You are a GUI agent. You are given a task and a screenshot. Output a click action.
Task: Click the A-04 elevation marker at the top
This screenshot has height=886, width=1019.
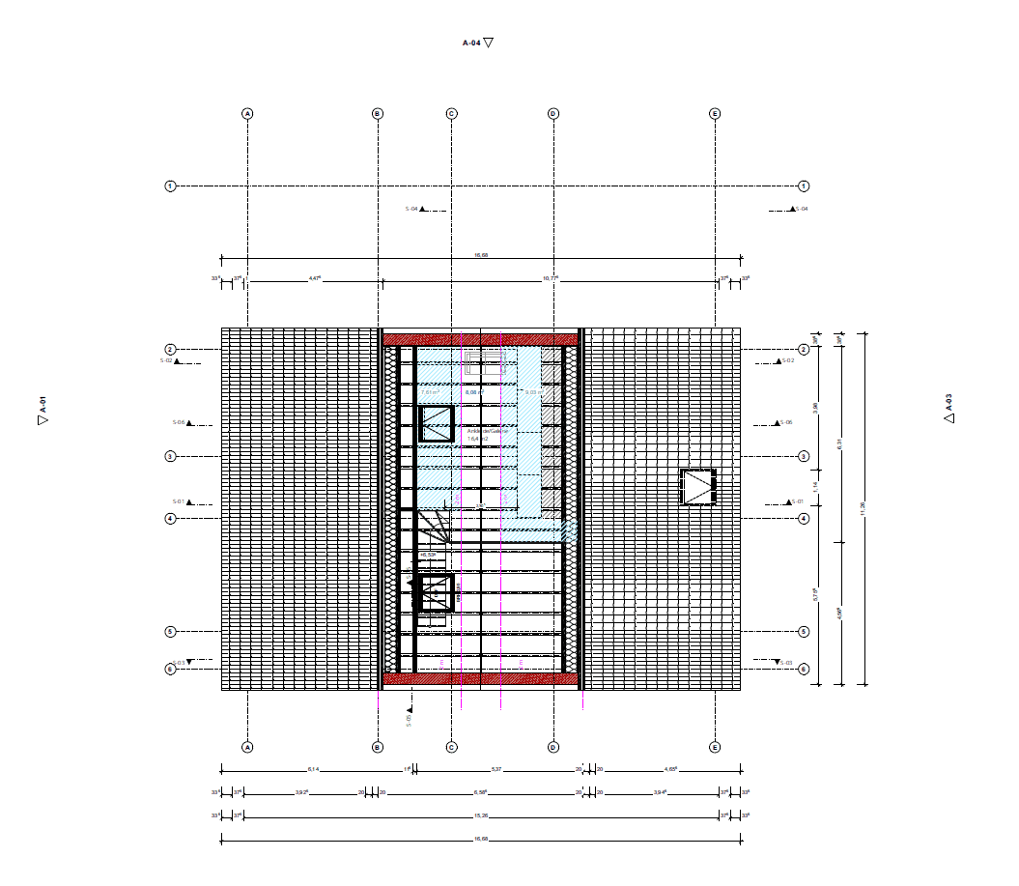click(x=477, y=43)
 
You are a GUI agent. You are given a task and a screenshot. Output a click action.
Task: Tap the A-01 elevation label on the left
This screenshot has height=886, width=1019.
click(x=42, y=411)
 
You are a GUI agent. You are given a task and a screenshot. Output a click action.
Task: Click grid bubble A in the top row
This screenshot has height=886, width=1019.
click(x=247, y=113)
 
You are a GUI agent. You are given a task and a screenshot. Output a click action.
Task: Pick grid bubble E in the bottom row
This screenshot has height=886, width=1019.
click(x=715, y=747)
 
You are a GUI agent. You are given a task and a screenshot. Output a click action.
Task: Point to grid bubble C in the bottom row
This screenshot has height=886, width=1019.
click(x=451, y=747)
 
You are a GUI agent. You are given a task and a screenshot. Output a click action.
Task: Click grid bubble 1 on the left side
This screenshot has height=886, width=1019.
click(x=170, y=186)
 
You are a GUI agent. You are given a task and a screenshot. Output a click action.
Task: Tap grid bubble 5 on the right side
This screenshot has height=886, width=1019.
click(x=804, y=632)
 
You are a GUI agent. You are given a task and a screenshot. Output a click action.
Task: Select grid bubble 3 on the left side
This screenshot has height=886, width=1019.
click(x=170, y=456)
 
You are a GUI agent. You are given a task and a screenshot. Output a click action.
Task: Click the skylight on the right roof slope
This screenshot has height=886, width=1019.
click(x=698, y=487)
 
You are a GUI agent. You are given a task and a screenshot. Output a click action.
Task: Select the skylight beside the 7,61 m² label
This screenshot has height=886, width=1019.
click(x=437, y=424)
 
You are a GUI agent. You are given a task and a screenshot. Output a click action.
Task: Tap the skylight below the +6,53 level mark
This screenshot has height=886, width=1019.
click(x=434, y=592)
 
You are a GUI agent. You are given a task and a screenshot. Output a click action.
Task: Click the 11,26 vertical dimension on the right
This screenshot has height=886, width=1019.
click(x=863, y=507)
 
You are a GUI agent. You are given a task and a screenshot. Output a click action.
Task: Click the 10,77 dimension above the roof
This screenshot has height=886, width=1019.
click(x=551, y=278)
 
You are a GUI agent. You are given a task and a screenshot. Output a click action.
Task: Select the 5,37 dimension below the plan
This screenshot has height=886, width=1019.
click(x=496, y=770)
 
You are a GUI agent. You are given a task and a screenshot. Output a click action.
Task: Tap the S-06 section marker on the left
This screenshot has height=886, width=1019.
click(x=183, y=422)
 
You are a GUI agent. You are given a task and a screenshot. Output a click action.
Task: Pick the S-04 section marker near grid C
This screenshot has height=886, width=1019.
click(x=416, y=209)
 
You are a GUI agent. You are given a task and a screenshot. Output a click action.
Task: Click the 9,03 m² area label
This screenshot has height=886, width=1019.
click(x=532, y=392)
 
